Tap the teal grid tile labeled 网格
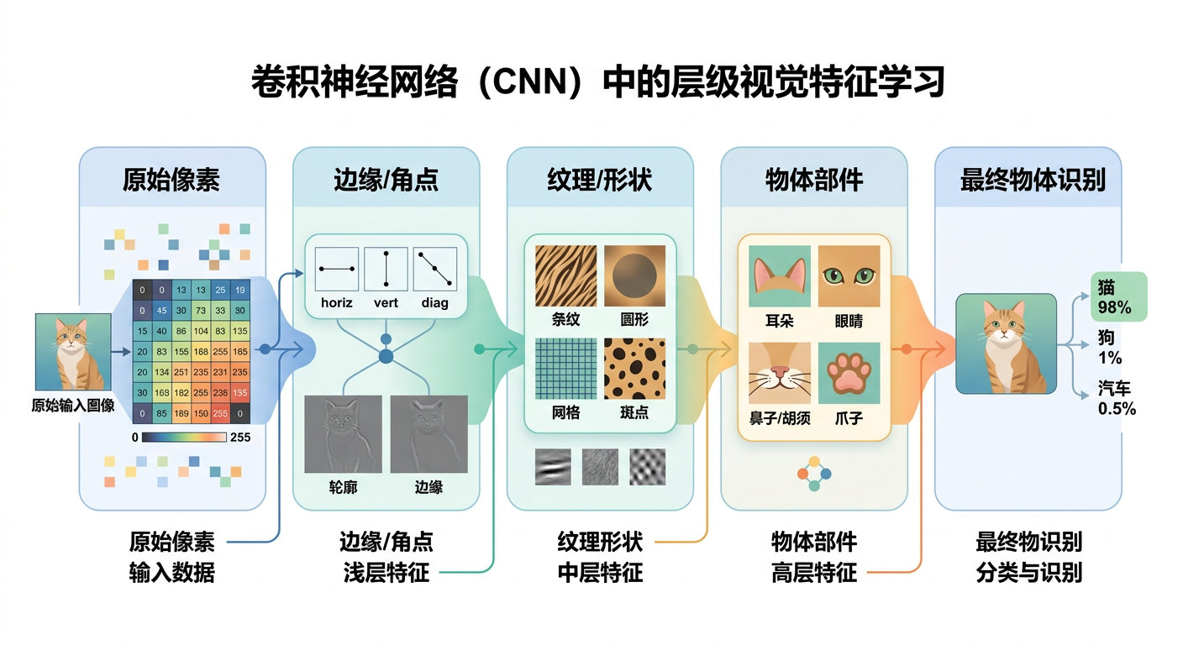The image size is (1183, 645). pyautogui.click(x=566, y=368)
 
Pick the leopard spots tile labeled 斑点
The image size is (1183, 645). pyautogui.click(x=634, y=368)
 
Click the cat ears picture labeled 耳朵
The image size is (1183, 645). pyautogui.click(x=779, y=275)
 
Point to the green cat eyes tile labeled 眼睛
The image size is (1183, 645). pyautogui.click(x=849, y=275)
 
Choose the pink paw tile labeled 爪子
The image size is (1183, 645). pyautogui.click(x=849, y=372)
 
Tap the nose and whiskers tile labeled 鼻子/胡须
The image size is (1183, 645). pyautogui.click(x=779, y=372)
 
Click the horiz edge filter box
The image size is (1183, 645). pyautogui.click(x=337, y=269)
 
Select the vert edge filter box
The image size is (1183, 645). pyautogui.click(x=386, y=269)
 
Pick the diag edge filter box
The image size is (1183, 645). pyautogui.click(x=435, y=269)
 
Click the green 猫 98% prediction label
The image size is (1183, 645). pyautogui.click(x=1117, y=296)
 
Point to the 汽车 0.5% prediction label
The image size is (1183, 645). pyautogui.click(x=1117, y=398)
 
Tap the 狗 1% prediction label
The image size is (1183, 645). pyautogui.click(x=1109, y=348)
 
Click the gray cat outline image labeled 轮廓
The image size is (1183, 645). pyautogui.click(x=343, y=433)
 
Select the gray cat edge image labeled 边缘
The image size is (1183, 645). pyautogui.click(x=429, y=433)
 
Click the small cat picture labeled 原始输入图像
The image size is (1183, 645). pyautogui.click(x=73, y=352)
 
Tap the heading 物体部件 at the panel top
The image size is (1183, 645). pyautogui.click(x=813, y=180)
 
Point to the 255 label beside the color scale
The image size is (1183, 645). pyautogui.click(x=239, y=437)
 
